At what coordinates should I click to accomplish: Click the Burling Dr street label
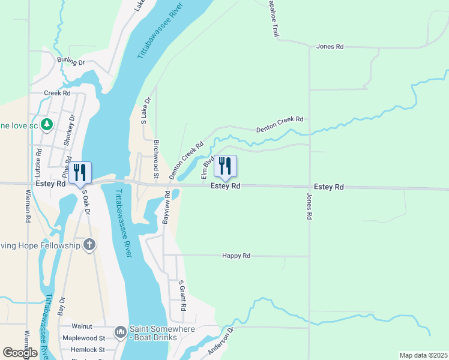(x=71, y=61)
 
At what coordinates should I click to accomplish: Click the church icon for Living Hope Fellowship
(x=89, y=245)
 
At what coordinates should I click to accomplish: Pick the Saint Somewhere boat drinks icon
(x=120, y=332)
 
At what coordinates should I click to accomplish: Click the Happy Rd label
(x=236, y=256)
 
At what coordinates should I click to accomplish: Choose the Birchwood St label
(x=156, y=160)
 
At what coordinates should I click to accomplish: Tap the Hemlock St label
(x=88, y=349)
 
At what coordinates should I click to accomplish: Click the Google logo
(x=20, y=353)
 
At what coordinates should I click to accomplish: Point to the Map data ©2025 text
(x=423, y=355)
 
